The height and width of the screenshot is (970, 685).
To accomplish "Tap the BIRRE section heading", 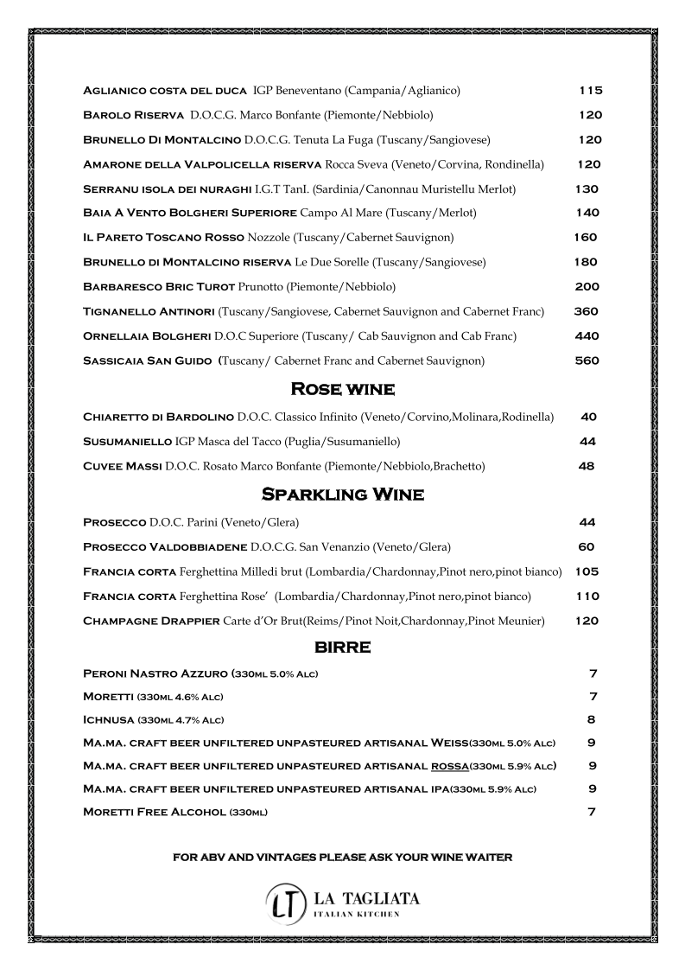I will click(342, 648).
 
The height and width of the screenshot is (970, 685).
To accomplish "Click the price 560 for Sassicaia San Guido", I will click(587, 361).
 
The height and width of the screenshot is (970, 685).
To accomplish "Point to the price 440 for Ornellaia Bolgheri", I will click(587, 336).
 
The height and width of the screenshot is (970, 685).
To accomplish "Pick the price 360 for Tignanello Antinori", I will click(587, 311).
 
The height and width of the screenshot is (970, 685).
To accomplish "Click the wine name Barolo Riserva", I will click(133, 115).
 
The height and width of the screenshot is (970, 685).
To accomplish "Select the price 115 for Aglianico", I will click(590, 91).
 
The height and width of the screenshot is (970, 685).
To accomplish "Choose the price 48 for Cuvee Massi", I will click(586, 466).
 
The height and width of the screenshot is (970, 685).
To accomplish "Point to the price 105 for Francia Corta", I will click(587, 571).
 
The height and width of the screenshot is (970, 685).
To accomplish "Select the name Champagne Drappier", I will click(151, 621).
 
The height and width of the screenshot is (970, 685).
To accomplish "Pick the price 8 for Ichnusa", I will click(592, 719).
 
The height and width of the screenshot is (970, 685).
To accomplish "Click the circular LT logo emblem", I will click(286, 902).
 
